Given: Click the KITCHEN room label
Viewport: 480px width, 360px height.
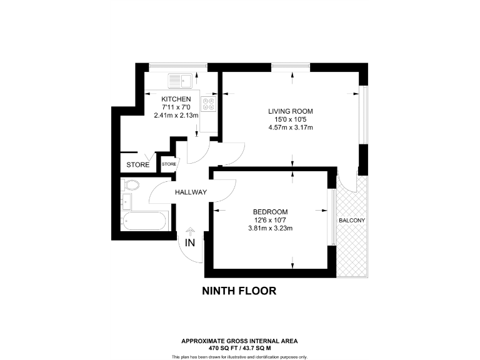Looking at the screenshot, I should pos(176,99).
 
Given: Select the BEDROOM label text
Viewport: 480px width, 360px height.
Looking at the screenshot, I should pos(270,211).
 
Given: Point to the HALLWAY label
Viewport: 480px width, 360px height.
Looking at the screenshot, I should pos(191,192).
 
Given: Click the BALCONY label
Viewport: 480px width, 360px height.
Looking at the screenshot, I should pos(352,221).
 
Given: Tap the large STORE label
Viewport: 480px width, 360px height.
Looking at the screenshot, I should pos(138,165).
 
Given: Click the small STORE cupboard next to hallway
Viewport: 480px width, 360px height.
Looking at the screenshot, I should pos(169,164).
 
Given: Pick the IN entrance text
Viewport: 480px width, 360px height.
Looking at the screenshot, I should pos(190,242).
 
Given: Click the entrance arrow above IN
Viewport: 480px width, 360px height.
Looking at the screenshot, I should pos(190,231).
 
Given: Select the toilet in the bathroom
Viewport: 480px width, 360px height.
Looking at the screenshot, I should pos(131,185).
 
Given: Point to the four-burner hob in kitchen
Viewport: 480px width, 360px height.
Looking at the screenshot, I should pos(209,104).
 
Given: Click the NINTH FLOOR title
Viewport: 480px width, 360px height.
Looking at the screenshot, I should pos(239,291).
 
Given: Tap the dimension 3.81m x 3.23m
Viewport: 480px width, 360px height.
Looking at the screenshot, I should pos(270,228).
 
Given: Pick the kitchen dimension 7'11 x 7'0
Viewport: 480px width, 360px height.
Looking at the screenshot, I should pos(176,107).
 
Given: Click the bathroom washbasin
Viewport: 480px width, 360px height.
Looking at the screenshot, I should pos(127,201).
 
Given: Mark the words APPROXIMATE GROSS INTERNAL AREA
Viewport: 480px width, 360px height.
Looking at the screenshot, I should pos(239,341).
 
